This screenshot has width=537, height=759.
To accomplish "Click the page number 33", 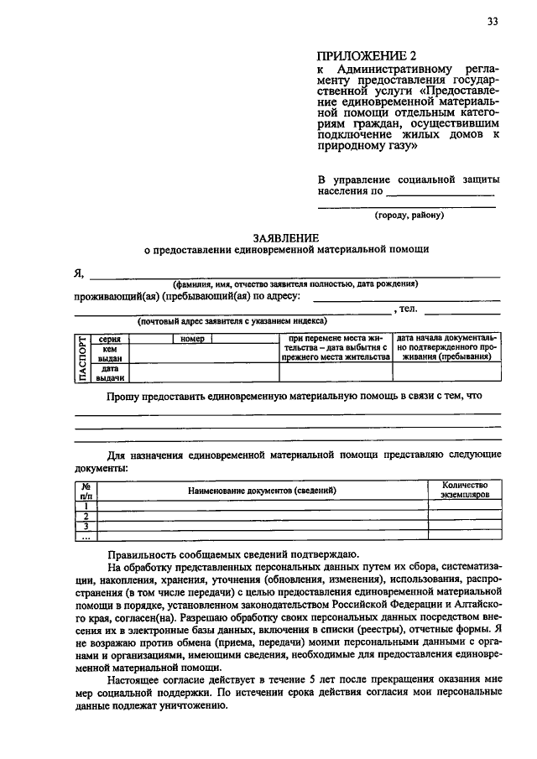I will (492, 22).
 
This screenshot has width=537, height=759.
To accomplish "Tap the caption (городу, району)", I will (409, 215).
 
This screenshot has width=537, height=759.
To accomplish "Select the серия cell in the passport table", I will (109, 339).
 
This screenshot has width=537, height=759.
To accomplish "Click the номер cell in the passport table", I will (191, 339).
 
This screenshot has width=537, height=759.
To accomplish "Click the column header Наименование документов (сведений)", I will (262, 489).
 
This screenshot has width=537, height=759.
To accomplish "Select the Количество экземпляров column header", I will (464, 490).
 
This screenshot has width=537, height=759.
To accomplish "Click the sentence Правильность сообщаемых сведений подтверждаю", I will (232, 554).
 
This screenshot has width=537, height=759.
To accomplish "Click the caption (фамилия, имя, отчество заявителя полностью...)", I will (295, 284).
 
